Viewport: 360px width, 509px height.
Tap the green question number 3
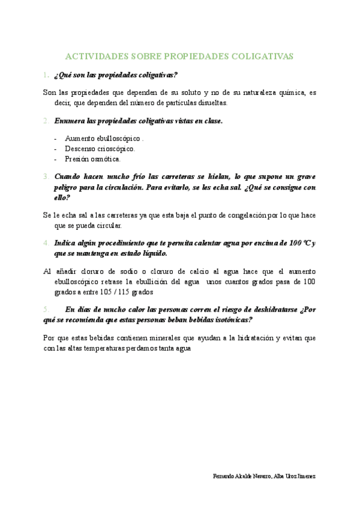coord(46,177)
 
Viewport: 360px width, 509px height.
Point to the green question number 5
coord(46,309)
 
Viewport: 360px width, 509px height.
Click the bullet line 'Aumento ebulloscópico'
coord(102,138)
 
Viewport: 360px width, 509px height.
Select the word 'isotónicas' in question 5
coord(229,319)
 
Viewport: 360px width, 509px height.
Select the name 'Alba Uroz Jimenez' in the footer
coord(293,476)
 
